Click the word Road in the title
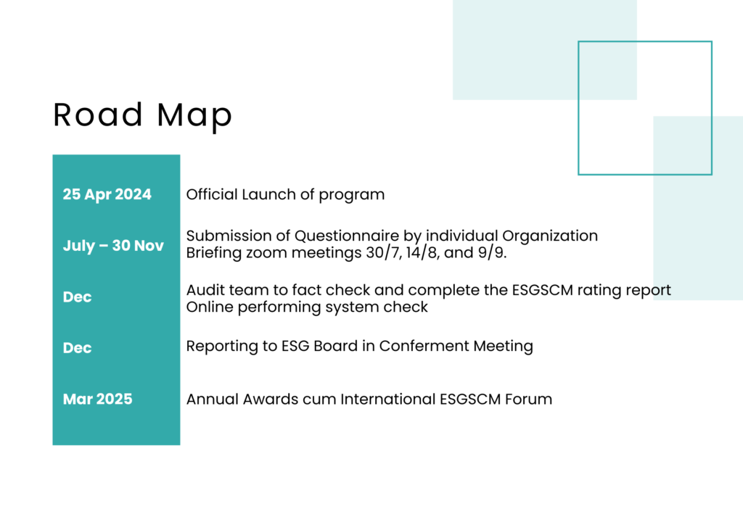(x=98, y=115)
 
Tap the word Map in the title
(x=194, y=117)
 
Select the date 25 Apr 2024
(x=107, y=194)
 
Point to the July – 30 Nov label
(x=113, y=246)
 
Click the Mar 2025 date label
(x=98, y=399)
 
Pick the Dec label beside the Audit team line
(x=77, y=297)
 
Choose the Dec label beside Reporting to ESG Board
(x=77, y=348)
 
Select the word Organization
(x=550, y=236)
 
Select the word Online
(x=210, y=307)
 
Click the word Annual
(x=213, y=399)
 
